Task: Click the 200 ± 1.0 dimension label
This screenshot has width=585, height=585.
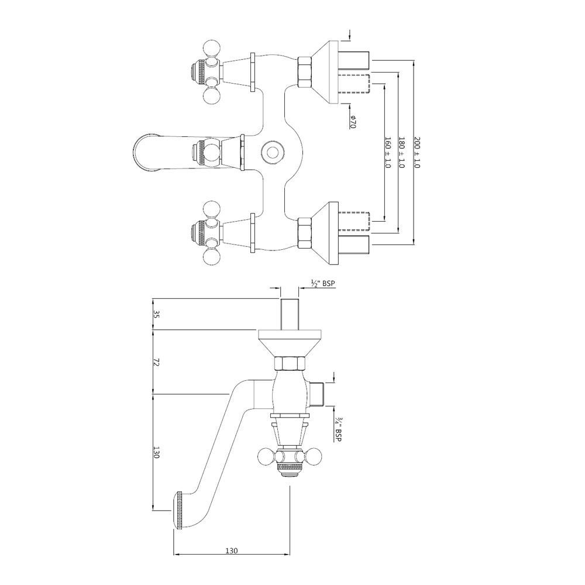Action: click(x=417, y=153)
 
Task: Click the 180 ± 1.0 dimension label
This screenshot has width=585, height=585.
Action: click(x=401, y=153)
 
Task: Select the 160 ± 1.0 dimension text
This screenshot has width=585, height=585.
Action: click(x=387, y=153)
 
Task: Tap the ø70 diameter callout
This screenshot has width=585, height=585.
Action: click(x=353, y=122)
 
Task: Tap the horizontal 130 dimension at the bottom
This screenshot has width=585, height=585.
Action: click(x=231, y=551)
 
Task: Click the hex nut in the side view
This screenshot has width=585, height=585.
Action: click(x=290, y=364)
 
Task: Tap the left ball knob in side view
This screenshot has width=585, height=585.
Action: click(x=267, y=457)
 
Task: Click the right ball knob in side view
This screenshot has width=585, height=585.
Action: click(x=315, y=457)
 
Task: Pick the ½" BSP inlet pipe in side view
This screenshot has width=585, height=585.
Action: click(x=290, y=314)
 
